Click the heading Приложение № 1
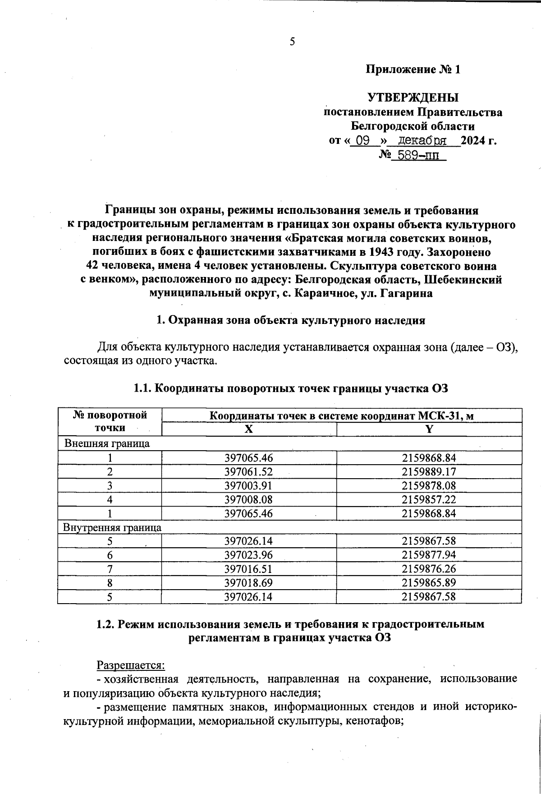(x=413, y=69)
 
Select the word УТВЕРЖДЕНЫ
(x=413, y=97)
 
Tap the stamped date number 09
(x=363, y=141)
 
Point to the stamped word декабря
(x=419, y=141)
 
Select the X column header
(x=249, y=429)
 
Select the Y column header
(x=429, y=429)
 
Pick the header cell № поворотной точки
(x=110, y=421)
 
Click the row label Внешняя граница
(x=107, y=443)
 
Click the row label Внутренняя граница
(x=112, y=527)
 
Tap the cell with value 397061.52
(x=249, y=472)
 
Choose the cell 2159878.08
(x=429, y=486)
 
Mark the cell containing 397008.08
(x=249, y=499)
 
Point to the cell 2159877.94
(x=429, y=555)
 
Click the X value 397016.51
(x=249, y=569)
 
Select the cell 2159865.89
(x=429, y=583)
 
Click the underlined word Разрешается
(x=131, y=665)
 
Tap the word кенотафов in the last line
(x=376, y=720)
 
